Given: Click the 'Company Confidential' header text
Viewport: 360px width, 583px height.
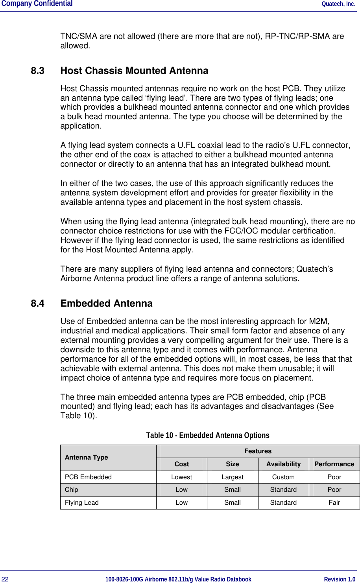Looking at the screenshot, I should point(37,4).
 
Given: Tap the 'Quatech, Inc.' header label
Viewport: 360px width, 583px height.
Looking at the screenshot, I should point(338,4).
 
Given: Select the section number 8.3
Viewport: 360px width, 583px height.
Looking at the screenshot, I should point(37,71).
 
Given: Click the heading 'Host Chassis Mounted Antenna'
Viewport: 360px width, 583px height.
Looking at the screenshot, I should point(134,71).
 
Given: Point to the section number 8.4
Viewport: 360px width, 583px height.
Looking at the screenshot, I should point(37,303).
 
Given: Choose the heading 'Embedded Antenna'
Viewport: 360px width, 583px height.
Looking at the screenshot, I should point(106,303).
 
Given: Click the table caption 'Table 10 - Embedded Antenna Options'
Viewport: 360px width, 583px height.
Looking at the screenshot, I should point(208,435).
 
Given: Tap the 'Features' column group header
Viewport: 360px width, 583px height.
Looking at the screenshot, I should point(258,451).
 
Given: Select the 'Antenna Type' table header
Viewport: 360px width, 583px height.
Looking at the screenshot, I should point(86,457).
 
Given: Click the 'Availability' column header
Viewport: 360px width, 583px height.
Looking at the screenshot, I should point(283,464).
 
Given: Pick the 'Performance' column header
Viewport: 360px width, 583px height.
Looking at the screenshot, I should point(334,464).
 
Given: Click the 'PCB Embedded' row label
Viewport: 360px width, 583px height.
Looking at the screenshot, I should point(88,477).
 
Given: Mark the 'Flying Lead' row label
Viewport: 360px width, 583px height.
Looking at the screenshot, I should point(81,502).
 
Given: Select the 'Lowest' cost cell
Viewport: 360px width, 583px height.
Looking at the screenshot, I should point(181,477).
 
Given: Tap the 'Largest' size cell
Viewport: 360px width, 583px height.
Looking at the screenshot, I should point(232,477).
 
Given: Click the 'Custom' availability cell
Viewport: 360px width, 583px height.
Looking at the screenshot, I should point(283,477).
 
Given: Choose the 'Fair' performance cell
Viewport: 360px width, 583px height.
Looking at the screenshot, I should point(334,502).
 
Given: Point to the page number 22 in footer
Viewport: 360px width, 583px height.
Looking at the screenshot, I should point(5,579).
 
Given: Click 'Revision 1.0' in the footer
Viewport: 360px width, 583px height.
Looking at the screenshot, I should point(339,579).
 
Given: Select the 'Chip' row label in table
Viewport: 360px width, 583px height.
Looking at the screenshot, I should point(71,489).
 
